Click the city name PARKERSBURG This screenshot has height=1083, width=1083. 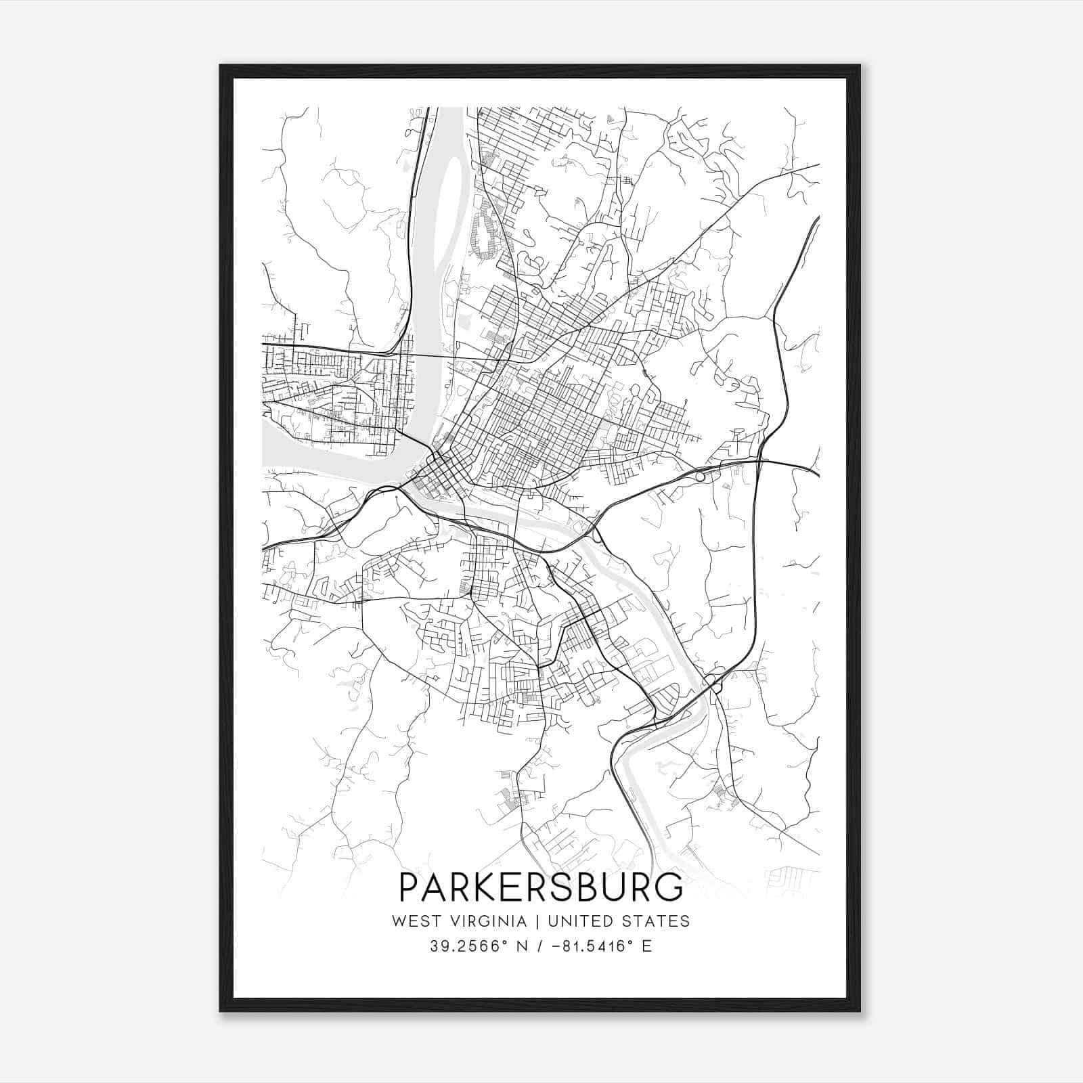(541, 887)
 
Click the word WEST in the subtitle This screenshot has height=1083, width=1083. (411, 921)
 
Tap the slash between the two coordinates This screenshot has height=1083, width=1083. (539, 946)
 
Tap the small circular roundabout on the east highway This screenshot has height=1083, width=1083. (700, 477)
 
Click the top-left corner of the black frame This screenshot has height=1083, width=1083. (221, 66)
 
